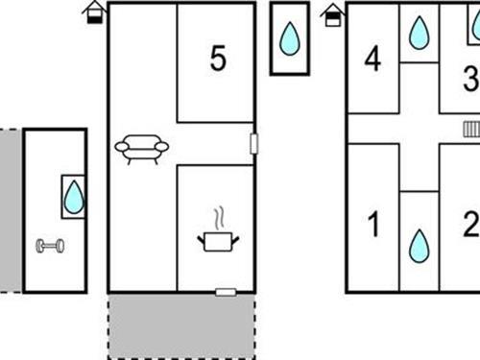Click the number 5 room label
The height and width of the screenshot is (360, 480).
218,58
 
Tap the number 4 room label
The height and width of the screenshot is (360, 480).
372,59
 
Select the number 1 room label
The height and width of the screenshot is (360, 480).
373,225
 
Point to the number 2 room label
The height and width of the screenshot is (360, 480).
471,224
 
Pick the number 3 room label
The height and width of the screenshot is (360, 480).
471,78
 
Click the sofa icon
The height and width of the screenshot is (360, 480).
142,149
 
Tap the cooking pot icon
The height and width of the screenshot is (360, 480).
218,242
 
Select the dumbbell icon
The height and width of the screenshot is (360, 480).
50,246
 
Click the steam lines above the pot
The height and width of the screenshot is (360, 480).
219,218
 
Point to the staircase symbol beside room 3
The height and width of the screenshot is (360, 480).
471,129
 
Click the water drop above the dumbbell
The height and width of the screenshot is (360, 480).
74,197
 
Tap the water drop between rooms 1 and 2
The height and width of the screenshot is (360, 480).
419,246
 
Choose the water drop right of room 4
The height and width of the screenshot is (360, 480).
419,33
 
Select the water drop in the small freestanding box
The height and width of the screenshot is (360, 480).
290,38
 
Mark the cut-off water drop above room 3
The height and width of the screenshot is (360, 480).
476,24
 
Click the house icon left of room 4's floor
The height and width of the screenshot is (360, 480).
333,15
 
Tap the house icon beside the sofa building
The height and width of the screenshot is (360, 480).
95,12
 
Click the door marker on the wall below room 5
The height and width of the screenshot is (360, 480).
253,144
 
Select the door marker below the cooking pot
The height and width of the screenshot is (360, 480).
226,292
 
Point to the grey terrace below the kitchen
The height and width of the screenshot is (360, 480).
181,325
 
